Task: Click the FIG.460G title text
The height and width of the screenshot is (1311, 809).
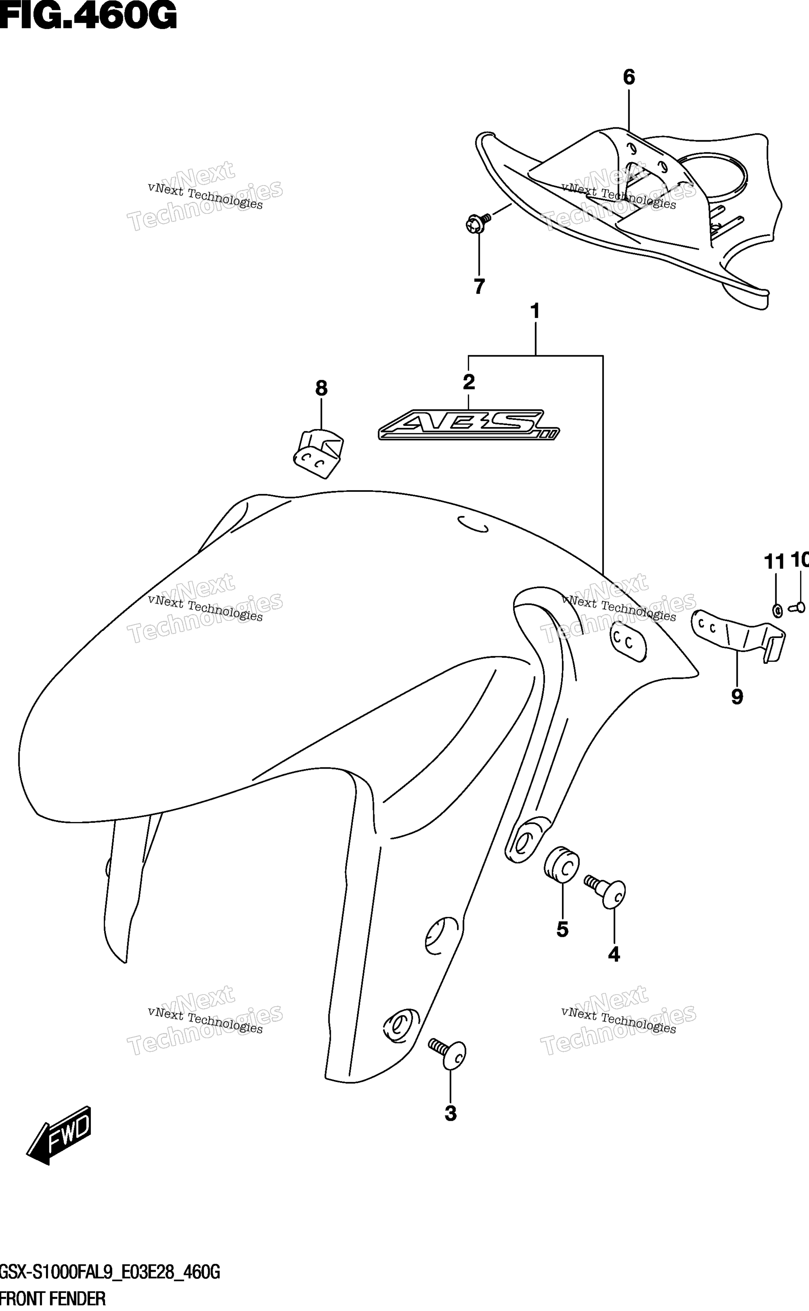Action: [x=88, y=16]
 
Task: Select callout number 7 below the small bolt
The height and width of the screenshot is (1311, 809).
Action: [x=479, y=287]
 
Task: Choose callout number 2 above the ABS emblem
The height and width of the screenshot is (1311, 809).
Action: [x=469, y=382]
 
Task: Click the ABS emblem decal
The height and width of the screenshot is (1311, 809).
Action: [x=469, y=425]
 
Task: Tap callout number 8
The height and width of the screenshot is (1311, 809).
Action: [x=321, y=389]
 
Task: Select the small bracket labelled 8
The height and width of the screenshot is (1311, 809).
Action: [x=318, y=454]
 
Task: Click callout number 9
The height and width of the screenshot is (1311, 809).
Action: [x=737, y=697]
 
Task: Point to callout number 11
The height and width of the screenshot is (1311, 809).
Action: [x=774, y=562]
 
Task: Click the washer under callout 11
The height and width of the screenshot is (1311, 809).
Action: [x=777, y=610]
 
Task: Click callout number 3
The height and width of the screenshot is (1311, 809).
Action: [x=451, y=1114]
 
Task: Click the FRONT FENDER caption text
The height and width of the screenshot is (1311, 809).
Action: [x=53, y=1298]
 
